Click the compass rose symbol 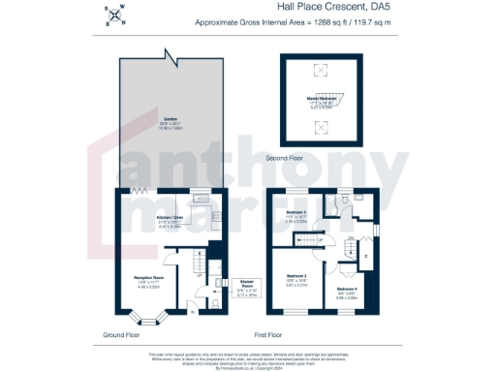(115, 15)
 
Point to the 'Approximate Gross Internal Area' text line (286, 21)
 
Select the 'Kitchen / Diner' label (170, 220)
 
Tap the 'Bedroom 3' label (297, 212)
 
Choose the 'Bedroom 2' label (295, 278)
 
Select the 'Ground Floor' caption (124, 334)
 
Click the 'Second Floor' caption (313, 156)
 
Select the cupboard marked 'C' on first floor (366, 256)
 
